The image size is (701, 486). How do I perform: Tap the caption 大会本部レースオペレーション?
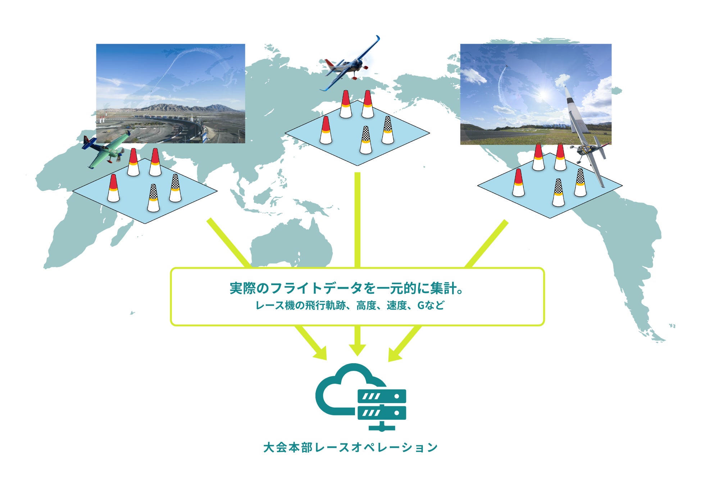[x=350, y=447]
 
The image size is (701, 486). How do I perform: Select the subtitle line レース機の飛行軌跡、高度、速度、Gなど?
[x=350, y=306]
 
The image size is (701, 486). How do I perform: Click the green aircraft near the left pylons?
[x=107, y=151]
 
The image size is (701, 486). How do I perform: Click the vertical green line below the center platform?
[x=357, y=220]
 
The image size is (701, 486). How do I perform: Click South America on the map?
[x=626, y=252]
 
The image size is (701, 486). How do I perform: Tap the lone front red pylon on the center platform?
[x=326, y=130]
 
